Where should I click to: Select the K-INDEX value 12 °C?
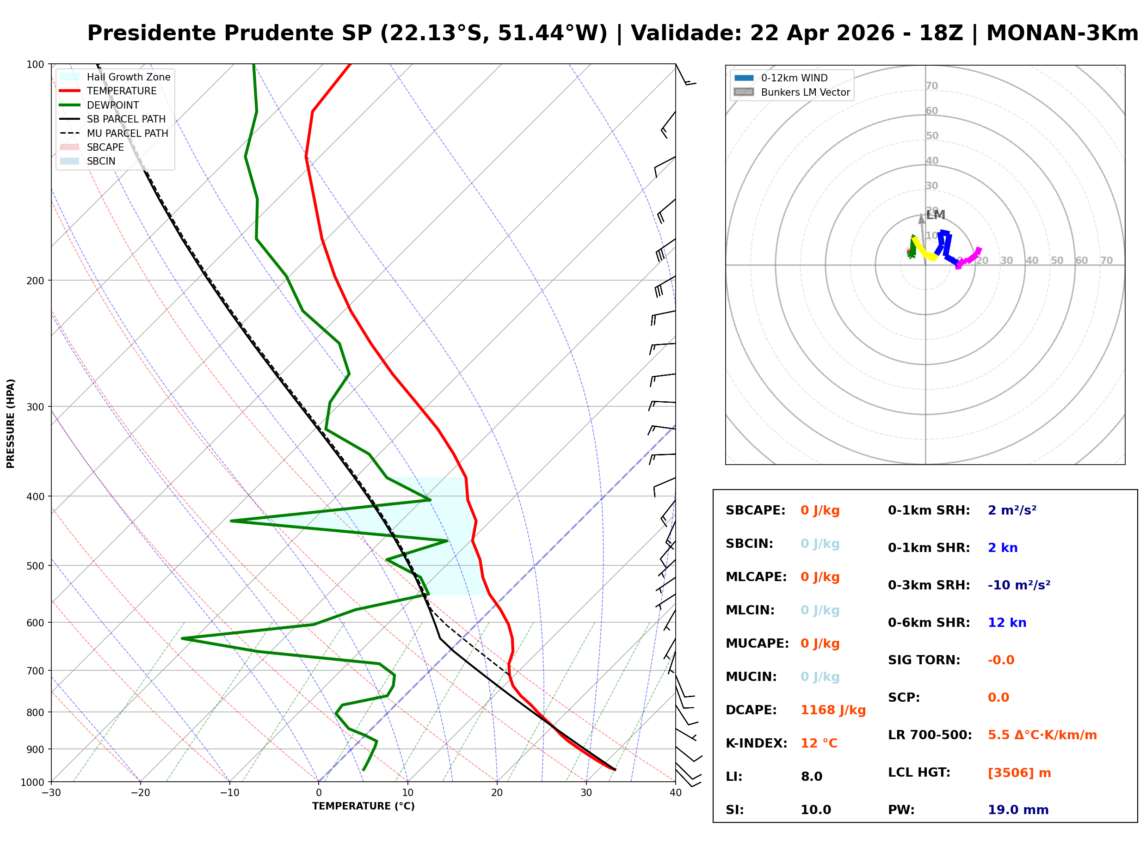point(819,743)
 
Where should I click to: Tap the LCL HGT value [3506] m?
point(1019,773)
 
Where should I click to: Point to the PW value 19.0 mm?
point(1018,810)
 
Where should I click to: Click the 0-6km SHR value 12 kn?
point(1007,623)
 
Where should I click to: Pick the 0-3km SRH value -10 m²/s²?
point(1019,585)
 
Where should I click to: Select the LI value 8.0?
point(812,777)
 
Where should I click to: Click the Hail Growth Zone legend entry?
point(128,77)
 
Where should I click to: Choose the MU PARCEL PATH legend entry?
point(127,133)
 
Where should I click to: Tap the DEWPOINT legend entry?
point(113,105)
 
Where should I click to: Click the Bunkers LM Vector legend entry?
point(805,92)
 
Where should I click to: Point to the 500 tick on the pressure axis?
point(35,566)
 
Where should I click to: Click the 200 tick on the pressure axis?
point(35,281)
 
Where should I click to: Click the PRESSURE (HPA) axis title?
point(11,423)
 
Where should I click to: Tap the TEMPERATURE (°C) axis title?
point(363,807)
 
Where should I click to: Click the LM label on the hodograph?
point(936,215)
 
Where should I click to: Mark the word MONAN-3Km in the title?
point(1062,33)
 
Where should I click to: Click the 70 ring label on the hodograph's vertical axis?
point(931,86)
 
